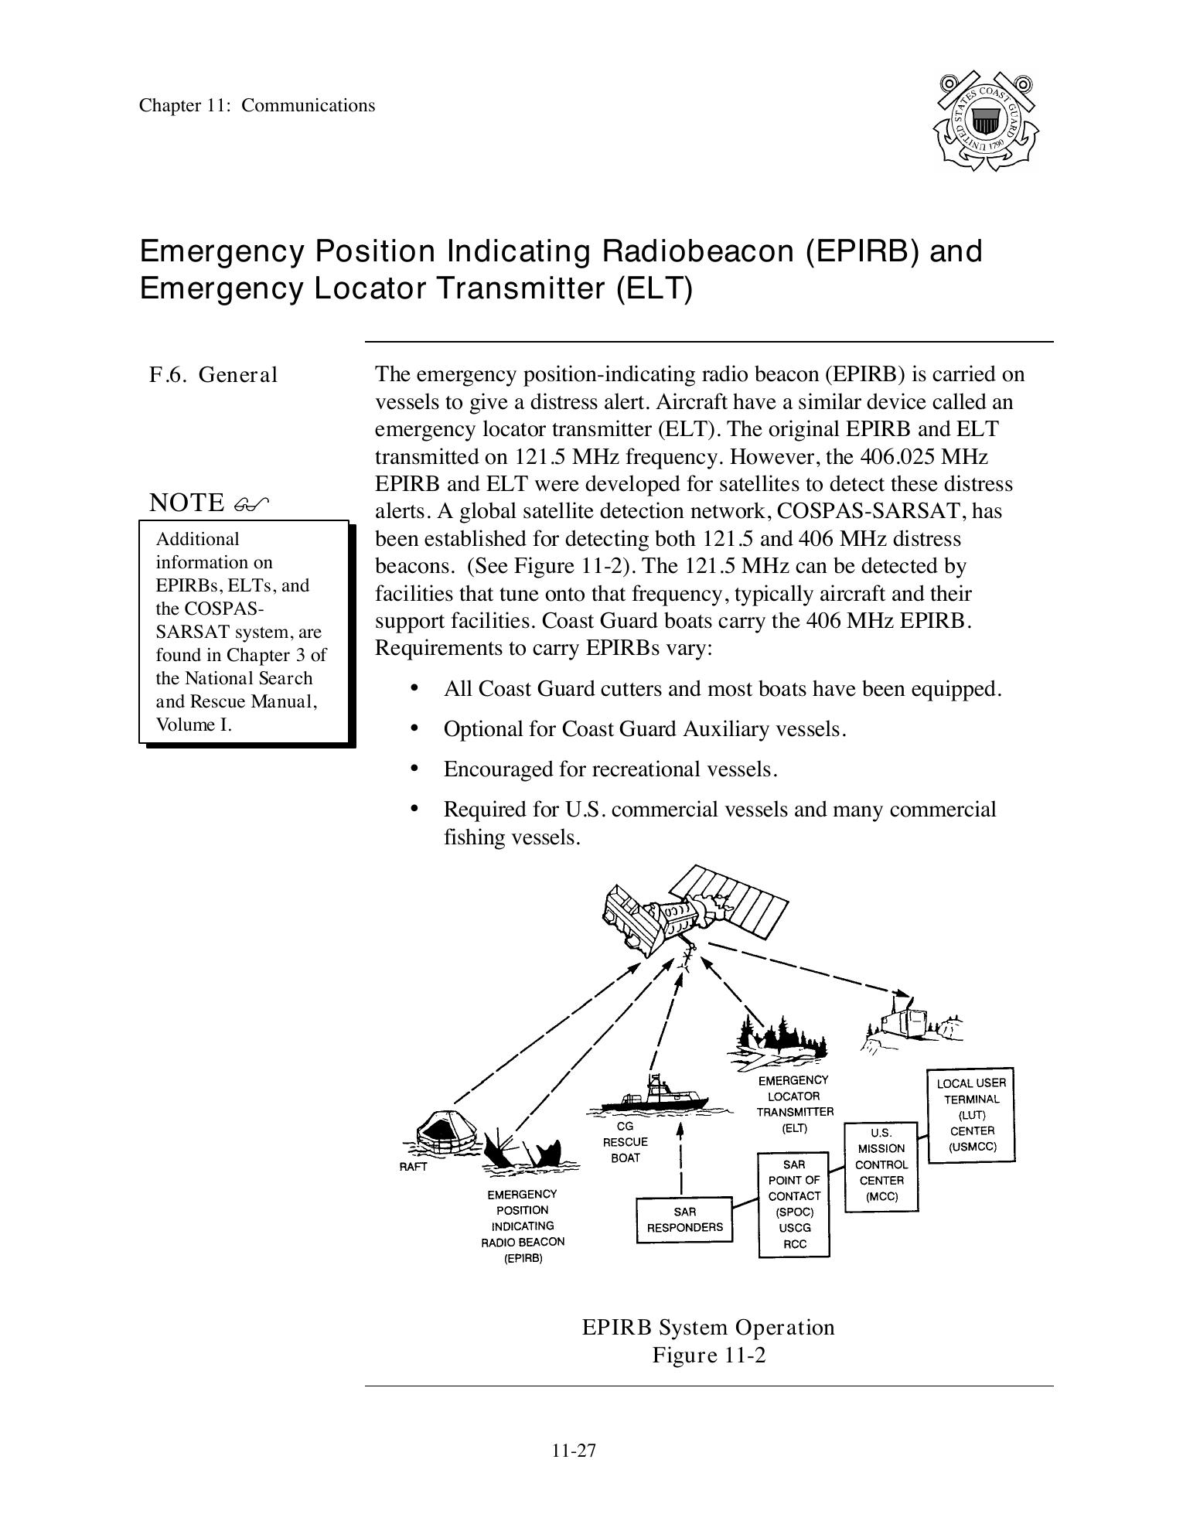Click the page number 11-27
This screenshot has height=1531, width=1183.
574,1450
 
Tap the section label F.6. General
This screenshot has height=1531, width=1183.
213,375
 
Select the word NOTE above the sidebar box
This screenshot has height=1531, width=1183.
186,503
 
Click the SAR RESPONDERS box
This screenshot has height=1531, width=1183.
684,1219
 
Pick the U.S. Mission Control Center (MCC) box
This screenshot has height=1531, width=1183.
881,1166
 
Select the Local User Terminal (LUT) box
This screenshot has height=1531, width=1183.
970,1115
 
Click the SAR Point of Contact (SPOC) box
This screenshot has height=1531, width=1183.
794,1205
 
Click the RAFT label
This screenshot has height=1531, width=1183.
413,1167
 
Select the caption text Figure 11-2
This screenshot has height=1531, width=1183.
708,1355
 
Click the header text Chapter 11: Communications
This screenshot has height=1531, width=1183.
257,106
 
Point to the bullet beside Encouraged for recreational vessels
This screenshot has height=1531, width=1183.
415,769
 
